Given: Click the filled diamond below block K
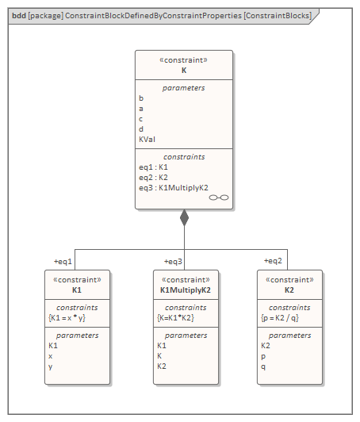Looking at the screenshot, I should point(184,217).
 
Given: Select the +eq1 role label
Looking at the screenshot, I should point(63,261).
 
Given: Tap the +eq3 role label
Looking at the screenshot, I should point(173,261).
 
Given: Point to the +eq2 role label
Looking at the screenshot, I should point(274,261).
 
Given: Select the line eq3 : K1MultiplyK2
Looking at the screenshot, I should point(173,188).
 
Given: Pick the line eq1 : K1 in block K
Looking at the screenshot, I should point(153,167).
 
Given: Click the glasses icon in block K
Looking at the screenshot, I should point(219,198).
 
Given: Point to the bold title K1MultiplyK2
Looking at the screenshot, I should point(185,290).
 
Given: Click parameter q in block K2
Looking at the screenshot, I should point(263,366).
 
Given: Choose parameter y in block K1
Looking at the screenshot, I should point(51,366).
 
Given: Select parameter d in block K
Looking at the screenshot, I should point(141,129).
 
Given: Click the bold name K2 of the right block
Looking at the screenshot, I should point(289,290).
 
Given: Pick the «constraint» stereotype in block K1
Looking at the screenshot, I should point(77,280).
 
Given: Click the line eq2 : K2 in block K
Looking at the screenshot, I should point(153,178).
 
